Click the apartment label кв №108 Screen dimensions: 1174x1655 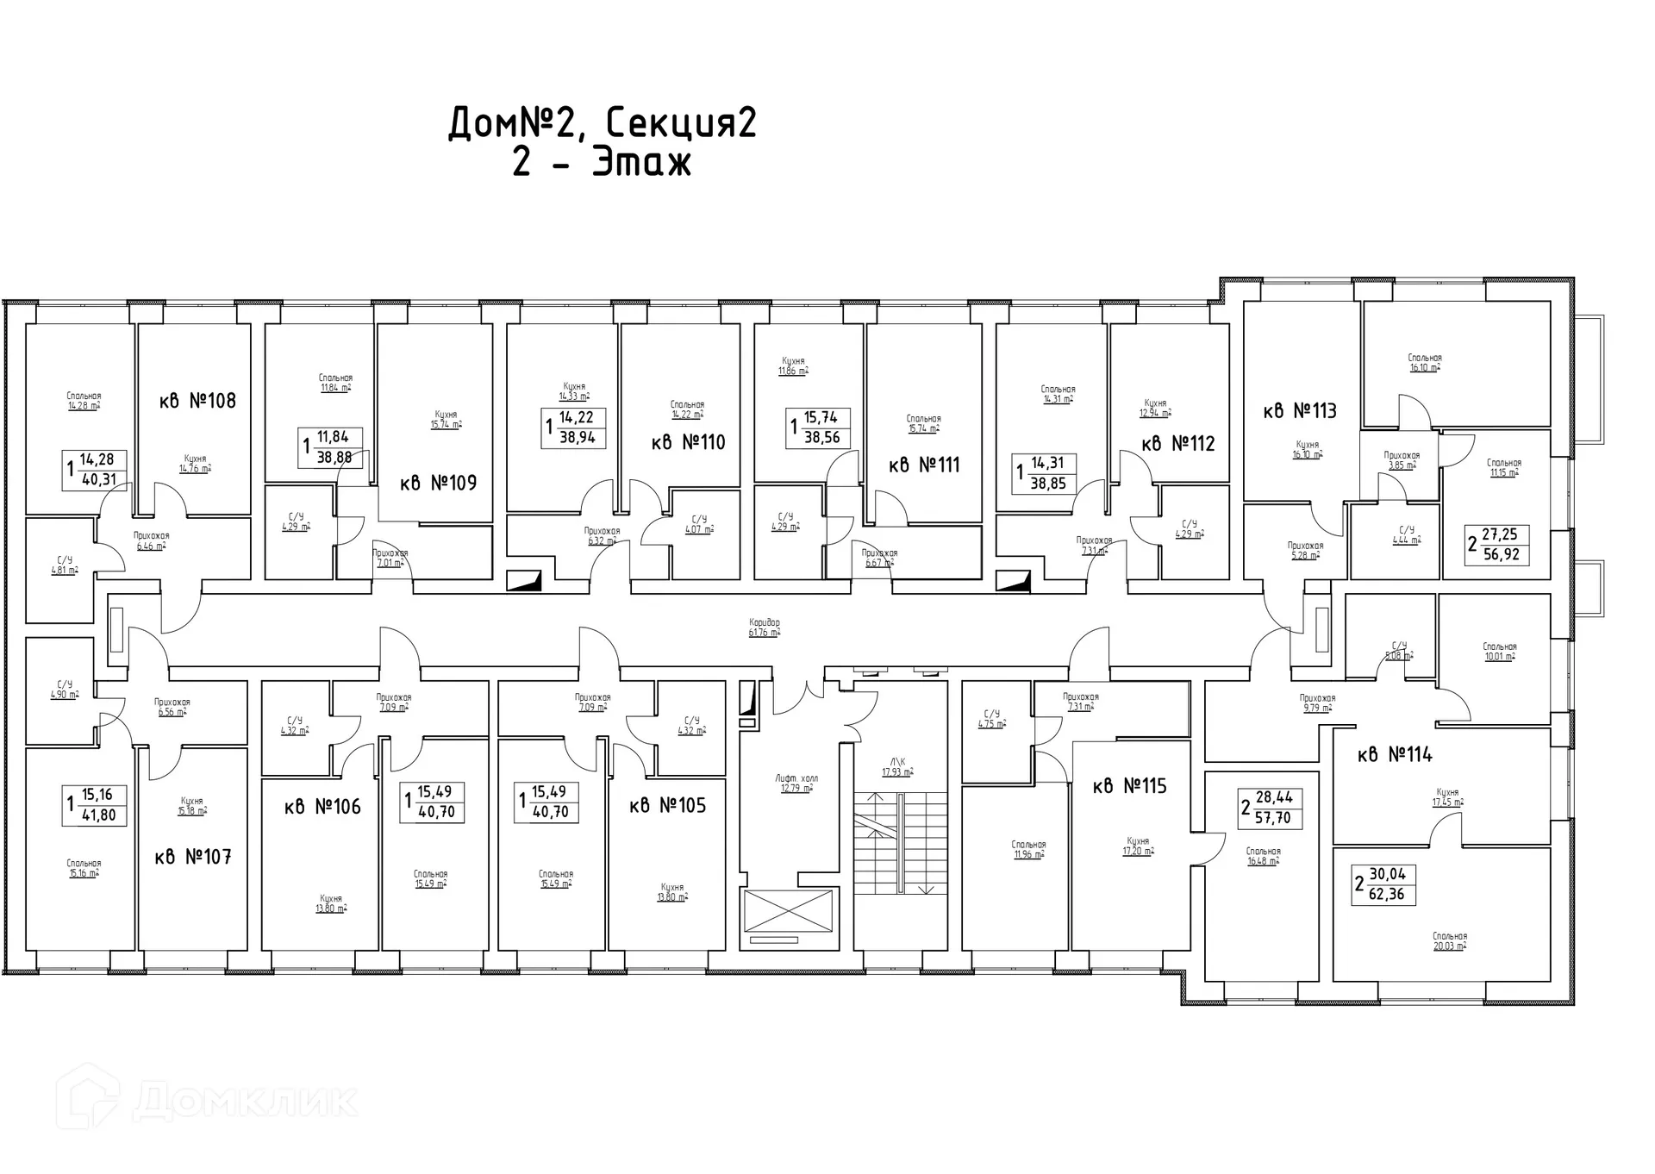(x=197, y=401)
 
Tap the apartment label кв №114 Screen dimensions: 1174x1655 (x=1395, y=755)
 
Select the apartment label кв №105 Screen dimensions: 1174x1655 (x=667, y=806)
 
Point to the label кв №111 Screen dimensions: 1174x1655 (x=924, y=465)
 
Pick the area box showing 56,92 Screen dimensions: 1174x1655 (x=1500, y=546)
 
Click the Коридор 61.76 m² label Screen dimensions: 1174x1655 (x=765, y=628)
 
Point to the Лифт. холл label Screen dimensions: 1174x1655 (x=796, y=783)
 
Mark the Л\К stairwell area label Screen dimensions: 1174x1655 (x=896, y=766)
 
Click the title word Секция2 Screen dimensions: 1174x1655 (x=680, y=124)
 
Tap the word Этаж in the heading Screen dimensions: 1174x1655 (x=642, y=163)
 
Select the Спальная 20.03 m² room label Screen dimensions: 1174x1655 (x=1450, y=940)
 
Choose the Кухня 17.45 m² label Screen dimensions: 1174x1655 (x=1448, y=796)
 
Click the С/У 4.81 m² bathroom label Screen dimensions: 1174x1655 (x=65, y=565)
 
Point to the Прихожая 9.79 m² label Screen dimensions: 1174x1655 (x=1317, y=703)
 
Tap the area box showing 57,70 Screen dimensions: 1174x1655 (x=1272, y=808)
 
